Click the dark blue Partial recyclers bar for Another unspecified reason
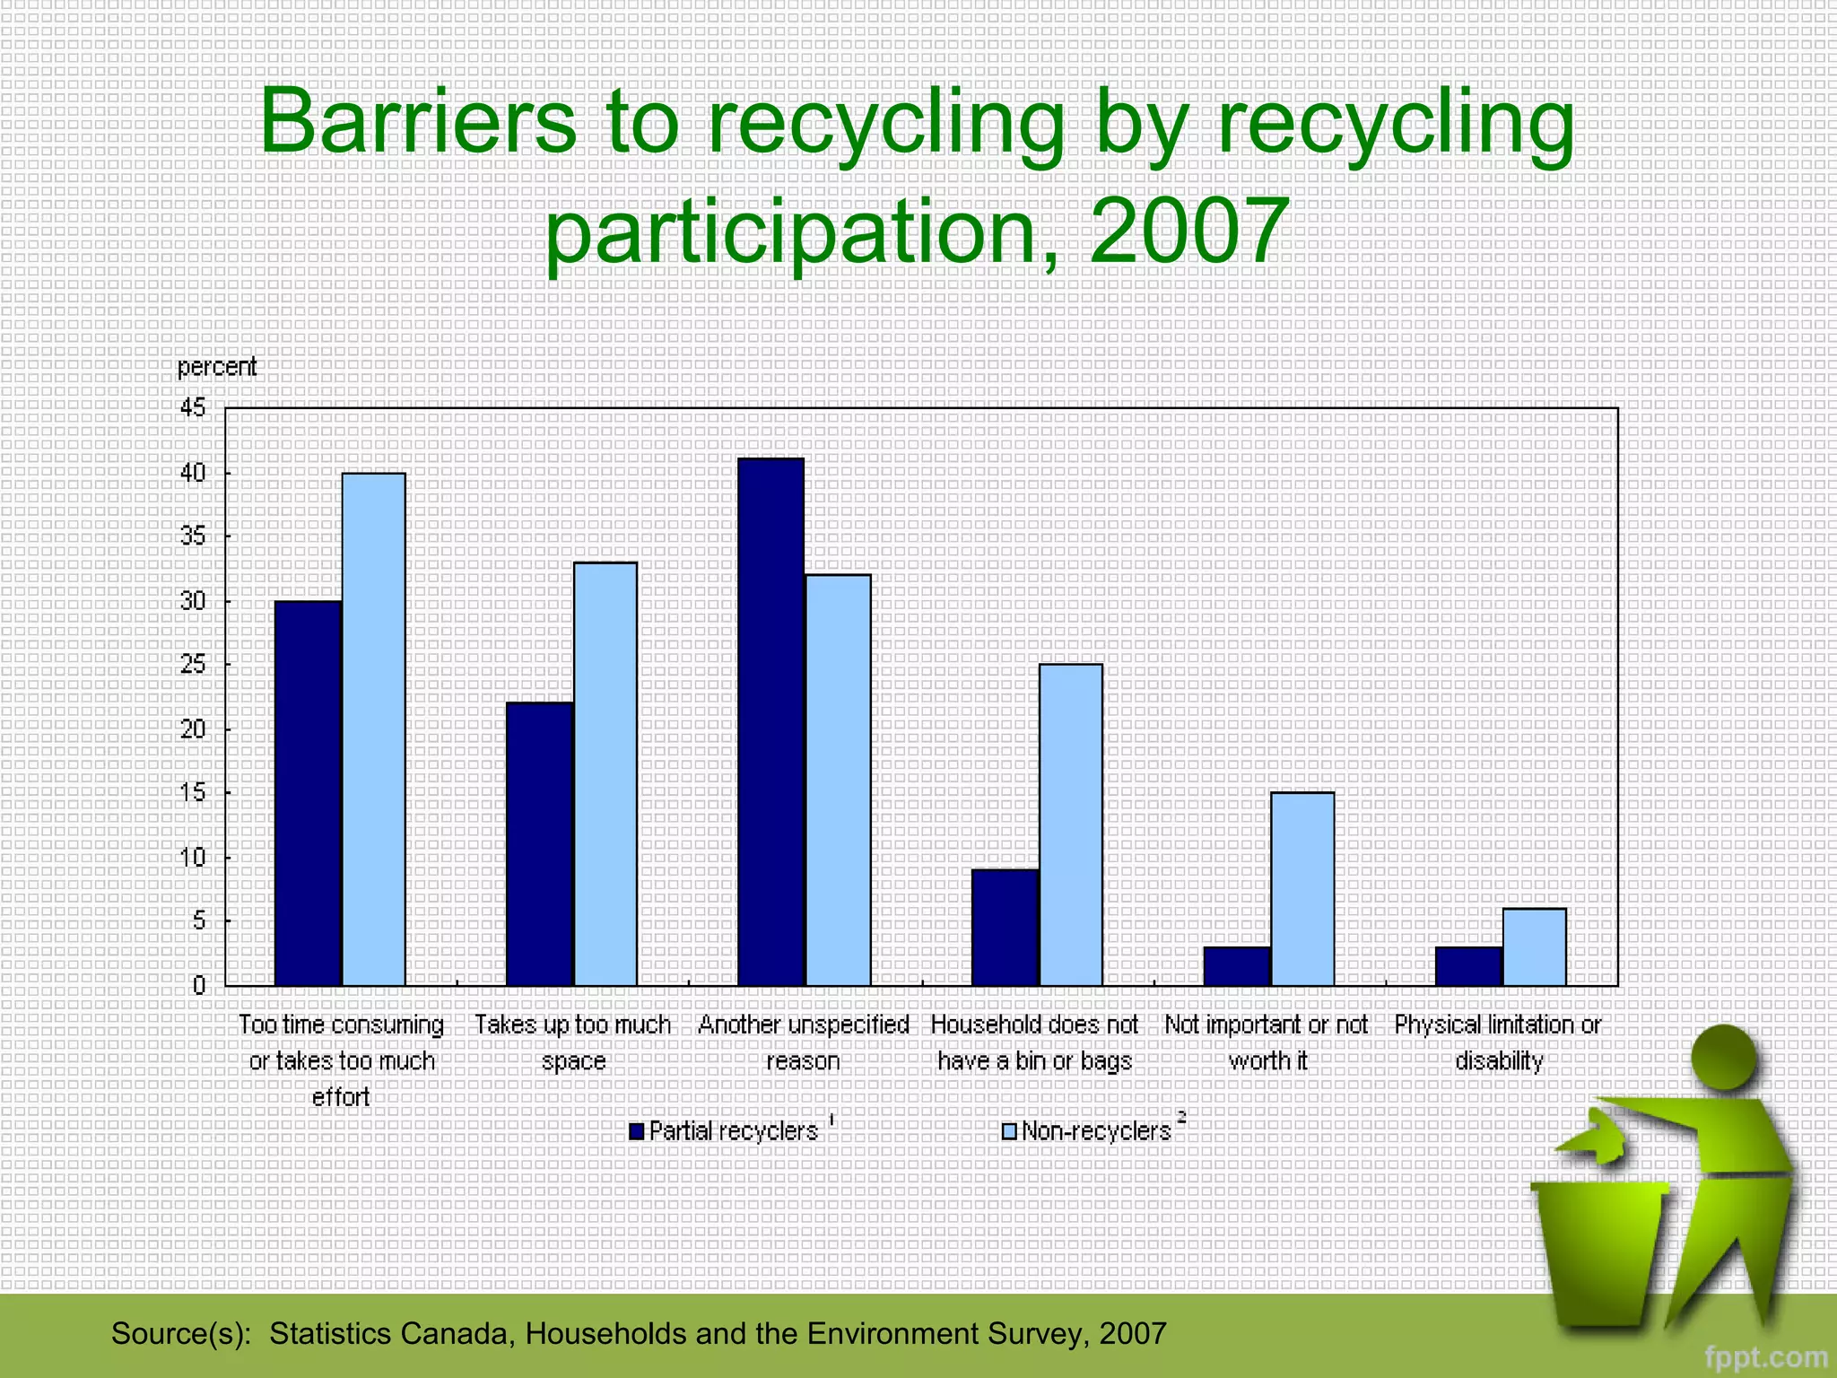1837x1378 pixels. point(770,722)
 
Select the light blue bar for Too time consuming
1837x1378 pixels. point(374,728)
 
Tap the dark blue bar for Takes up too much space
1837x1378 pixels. point(539,843)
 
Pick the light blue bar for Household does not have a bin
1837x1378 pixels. point(1071,824)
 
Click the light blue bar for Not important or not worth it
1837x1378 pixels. point(1302,888)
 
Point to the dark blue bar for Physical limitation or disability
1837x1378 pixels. point(1468,965)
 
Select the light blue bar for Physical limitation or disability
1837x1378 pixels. point(1535,946)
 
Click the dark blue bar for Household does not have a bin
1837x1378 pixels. point(1005,927)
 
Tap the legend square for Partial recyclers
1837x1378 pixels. point(637,1131)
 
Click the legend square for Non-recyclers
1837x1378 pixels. point(1009,1131)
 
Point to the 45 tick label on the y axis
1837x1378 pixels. point(193,408)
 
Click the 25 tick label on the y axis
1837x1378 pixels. point(193,665)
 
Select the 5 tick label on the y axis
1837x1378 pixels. point(198,921)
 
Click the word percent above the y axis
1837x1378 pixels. point(217,367)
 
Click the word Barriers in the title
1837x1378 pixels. point(417,121)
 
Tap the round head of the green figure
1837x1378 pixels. point(1723,1059)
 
